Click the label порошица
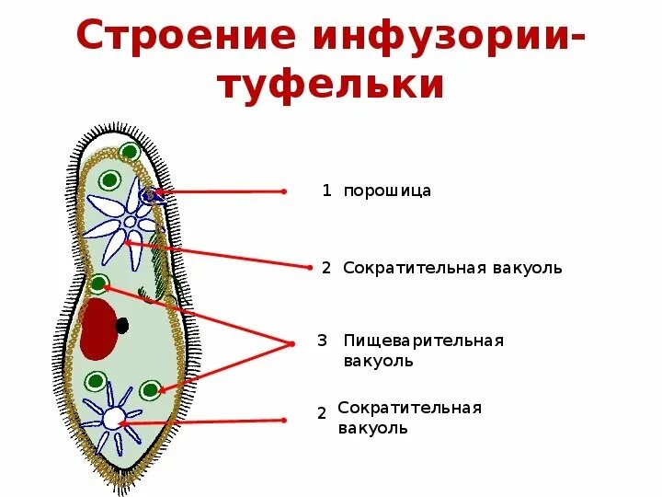[387, 191]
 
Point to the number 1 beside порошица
[325, 191]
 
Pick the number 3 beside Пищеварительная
[322, 341]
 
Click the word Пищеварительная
[423, 341]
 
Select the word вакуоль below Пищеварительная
[378, 361]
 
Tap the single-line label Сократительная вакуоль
[451, 268]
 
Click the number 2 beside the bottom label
[322, 413]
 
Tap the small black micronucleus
[121, 324]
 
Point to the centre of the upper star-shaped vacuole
[130, 222]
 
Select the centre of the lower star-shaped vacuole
[112, 419]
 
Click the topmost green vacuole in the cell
[130, 152]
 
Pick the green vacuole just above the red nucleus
[98, 283]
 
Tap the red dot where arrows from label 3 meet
[291, 343]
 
